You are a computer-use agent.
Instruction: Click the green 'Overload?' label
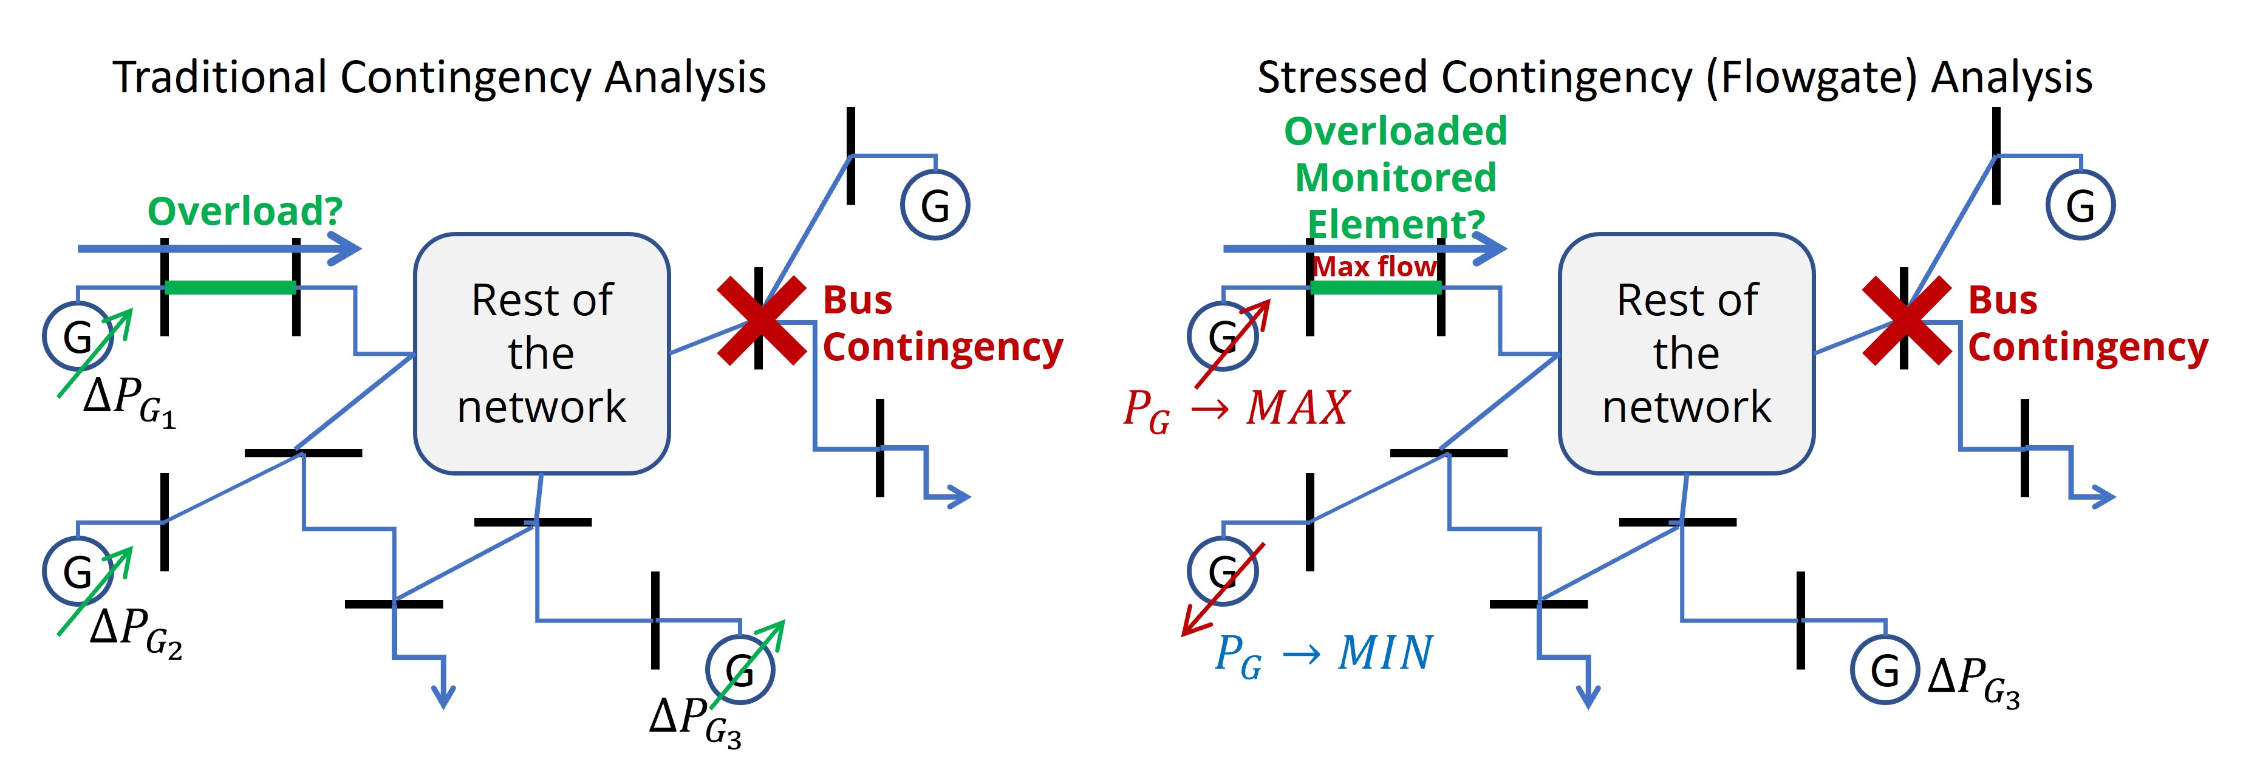click(x=245, y=211)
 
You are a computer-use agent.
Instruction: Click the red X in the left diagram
click(x=760, y=320)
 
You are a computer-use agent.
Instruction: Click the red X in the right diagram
click(x=1905, y=320)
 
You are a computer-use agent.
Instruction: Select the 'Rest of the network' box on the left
click(x=542, y=353)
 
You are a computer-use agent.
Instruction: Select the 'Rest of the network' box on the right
click(x=1687, y=353)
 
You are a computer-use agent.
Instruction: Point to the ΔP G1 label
click(x=129, y=402)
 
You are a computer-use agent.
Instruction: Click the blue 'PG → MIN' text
click(x=1323, y=654)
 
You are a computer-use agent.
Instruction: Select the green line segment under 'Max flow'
click(x=1375, y=287)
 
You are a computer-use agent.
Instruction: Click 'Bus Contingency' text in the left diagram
click(x=942, y=324)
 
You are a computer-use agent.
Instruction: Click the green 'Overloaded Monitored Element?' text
click(x=1395, y=177)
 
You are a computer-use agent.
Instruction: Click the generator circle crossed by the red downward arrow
click(x=1223, y=571)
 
